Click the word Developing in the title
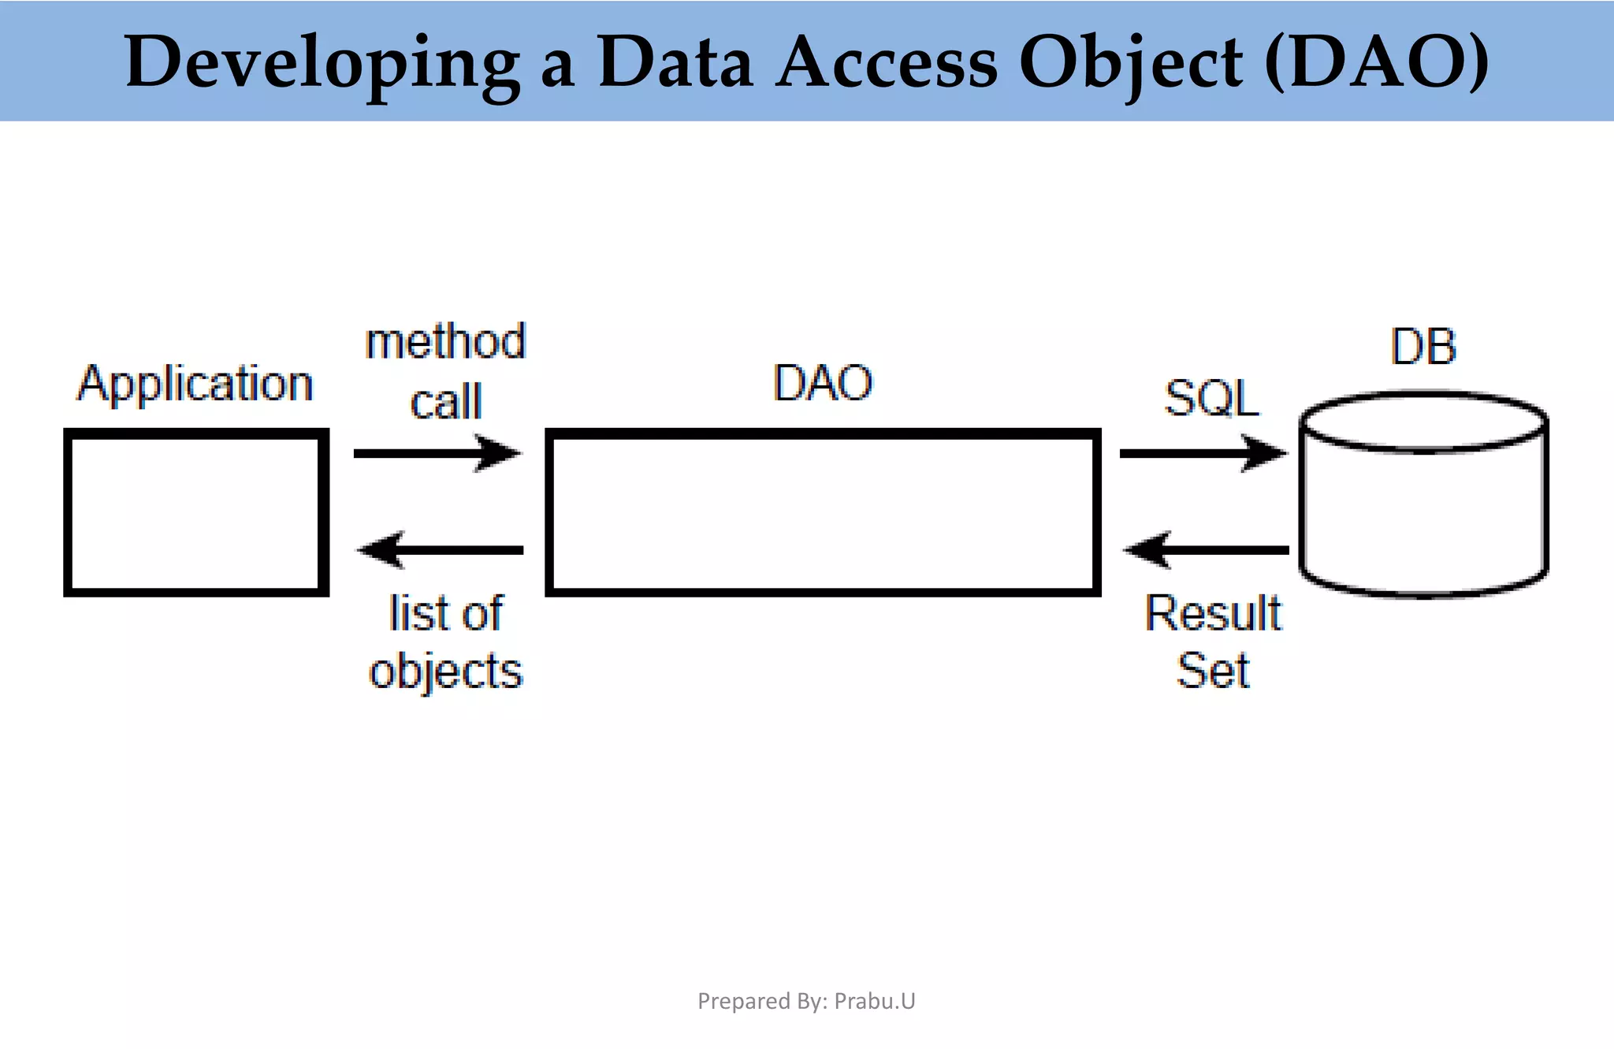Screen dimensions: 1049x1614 [x=322, y=63]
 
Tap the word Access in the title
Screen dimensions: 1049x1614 [x=887, y=63]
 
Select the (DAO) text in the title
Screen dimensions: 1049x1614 [x=1376, y=63]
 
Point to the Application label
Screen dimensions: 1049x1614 [x=195, y=385]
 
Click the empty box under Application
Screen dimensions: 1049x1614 [x=196, y=512]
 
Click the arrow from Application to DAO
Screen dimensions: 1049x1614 [x=437, y=453]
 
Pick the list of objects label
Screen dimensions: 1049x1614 [x=445, y=642]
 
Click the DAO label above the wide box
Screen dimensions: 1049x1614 [x=822, y=384]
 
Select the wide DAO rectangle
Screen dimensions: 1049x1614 [x=823, y=512]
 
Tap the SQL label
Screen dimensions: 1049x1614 [x=1210, y=398]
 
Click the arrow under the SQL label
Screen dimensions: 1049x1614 [x=1203, y=453]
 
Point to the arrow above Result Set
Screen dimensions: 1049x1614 [x=1206, y=549]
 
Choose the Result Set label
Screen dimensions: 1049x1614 [x=1213, y=642]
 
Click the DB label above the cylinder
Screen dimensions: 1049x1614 [x=1422, y=347]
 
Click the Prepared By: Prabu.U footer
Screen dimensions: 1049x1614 [x=806, y=1001]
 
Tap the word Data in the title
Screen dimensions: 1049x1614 [x=675, y=63]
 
